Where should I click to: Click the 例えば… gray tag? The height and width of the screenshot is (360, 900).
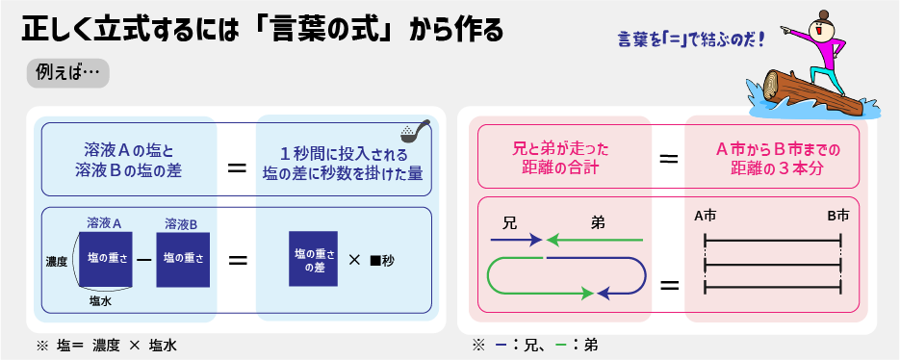click(x=67, y=74)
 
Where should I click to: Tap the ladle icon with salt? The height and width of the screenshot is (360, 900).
click(x=415, y=130)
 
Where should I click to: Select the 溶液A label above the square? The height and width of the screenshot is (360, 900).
click(x=104, y=222)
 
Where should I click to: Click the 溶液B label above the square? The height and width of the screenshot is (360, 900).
click(x=181, y=222)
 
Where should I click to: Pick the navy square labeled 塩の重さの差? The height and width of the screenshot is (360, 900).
click(x=313, y=258)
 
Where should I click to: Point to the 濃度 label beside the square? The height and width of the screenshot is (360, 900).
click(x=58, y=262)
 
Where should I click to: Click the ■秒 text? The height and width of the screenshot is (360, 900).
click(x=382, y=260)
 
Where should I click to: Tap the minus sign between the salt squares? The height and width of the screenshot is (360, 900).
click(x=144, y=259)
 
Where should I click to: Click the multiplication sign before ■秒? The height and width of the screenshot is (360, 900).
click(x=355, y=260)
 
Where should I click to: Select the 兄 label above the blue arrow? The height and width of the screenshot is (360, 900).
click(x=509, y=222)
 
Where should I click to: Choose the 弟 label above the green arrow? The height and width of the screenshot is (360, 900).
click(x=598, y=222)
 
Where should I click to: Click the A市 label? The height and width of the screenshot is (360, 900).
click(x=705, y=216)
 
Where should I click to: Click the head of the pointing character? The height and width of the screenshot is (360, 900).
click(x=819, y=26)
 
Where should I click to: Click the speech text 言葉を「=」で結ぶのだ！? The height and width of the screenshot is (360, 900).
click(x=692, y=40)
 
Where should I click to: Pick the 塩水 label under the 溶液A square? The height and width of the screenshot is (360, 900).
click(x=100, y=301)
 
